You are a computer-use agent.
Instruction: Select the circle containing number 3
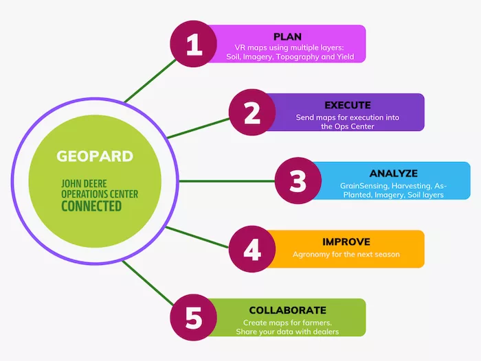pos(298,181)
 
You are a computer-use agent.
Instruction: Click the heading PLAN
pos(287,36)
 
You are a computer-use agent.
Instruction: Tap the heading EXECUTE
pos(347,105)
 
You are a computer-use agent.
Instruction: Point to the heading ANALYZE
pos(392,173)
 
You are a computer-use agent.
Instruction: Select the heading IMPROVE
pos(346,242)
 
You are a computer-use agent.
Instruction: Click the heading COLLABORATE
pos(287,310)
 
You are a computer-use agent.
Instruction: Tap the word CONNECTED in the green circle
pos(91,206)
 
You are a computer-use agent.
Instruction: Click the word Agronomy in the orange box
pos(313,255)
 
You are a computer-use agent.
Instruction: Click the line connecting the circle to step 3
pos(227,181)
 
